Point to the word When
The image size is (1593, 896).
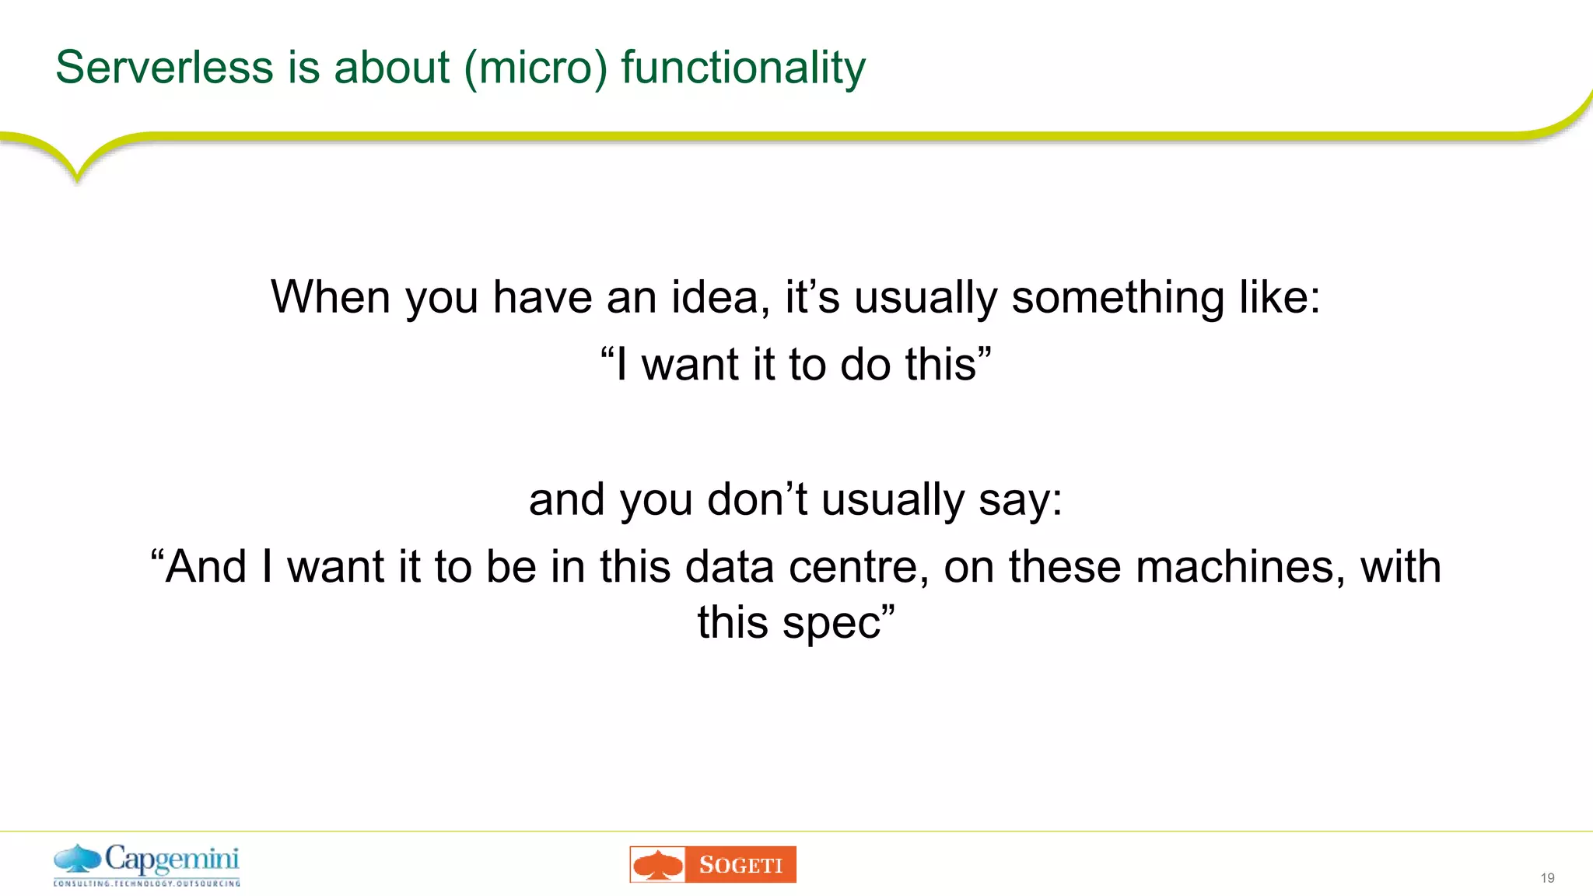coord(331,297)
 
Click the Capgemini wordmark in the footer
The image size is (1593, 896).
coord(172,859)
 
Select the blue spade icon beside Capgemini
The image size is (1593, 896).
coord(77,859)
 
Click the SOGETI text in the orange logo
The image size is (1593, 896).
coord(740,865)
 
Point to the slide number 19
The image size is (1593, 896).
coord(1547,878)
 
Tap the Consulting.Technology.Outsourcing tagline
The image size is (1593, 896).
coord(147,884)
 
